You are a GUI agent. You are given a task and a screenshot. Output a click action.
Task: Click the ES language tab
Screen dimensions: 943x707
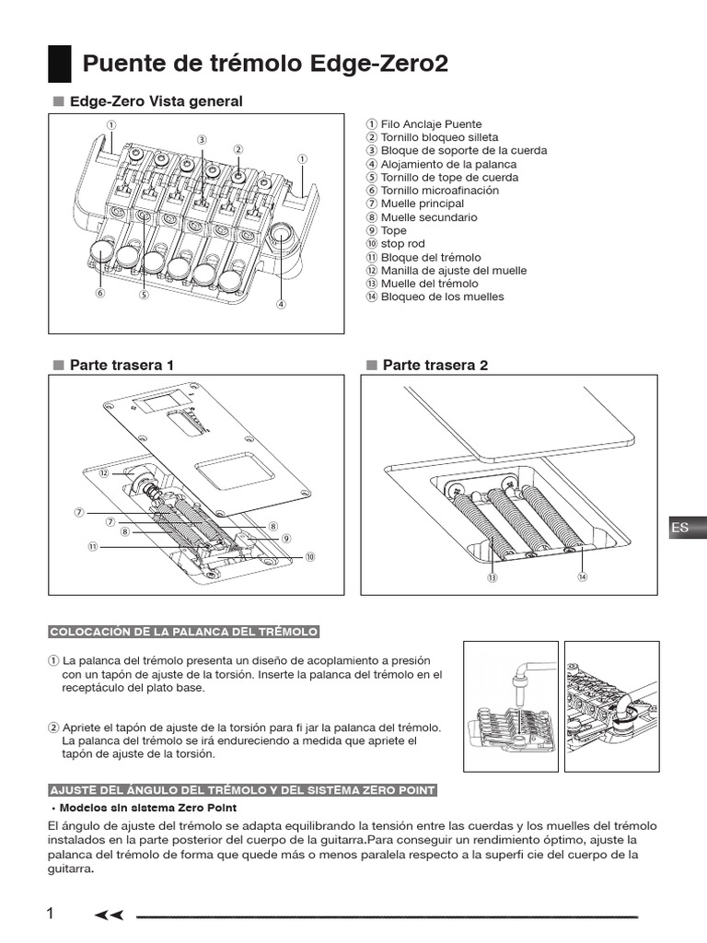click(682, 528)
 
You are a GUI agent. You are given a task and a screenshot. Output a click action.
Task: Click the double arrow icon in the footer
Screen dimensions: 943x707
click(109, 914)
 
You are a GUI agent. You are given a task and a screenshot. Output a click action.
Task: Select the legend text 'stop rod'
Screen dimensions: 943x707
click(403, 244)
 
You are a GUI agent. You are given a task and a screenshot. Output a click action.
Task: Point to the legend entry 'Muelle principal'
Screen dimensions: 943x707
click(422, 204)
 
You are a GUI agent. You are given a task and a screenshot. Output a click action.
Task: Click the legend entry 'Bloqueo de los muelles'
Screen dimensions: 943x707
click(442, 297)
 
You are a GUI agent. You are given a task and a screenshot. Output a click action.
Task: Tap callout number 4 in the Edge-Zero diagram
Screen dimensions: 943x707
click(281, 304)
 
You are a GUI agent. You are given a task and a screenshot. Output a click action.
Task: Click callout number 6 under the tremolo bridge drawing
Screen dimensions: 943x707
click(100, 294)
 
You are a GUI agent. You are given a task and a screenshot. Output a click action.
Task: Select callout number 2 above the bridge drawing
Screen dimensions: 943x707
click(238, 149)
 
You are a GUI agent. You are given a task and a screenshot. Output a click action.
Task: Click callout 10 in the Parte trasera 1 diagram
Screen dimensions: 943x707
click(310, 556)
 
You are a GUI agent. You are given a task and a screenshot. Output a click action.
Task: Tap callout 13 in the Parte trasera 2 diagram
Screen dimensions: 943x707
click(493, 577)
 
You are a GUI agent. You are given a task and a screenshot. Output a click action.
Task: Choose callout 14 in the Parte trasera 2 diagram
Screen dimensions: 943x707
click(582, 576)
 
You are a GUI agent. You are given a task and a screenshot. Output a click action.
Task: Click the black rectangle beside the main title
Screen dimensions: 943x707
click(59, 64)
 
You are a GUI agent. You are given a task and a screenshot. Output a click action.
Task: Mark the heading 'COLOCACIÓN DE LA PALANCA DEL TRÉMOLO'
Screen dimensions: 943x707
click(183, 631)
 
